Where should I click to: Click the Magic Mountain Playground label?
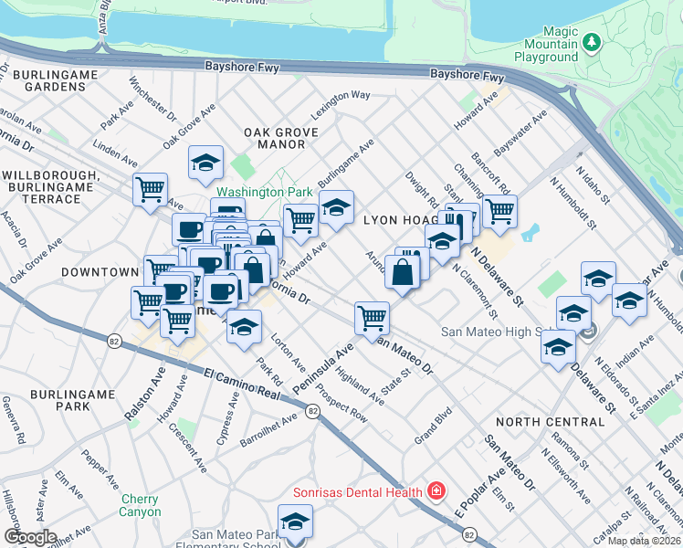click(546, 44)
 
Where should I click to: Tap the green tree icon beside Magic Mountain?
click(592, 42)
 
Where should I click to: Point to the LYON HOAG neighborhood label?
click(398, 220)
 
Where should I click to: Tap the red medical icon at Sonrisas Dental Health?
click(436, 491)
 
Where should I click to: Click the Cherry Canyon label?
click(139, 505)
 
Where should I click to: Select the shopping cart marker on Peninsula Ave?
click(372, 318)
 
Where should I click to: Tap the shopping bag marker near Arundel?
click(402, 271)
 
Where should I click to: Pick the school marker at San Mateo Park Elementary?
click(295, 522)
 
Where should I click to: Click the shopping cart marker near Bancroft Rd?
click(499, 211)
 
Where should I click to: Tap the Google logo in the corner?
click(30, 537)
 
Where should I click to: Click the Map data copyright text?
click(644, 541)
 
